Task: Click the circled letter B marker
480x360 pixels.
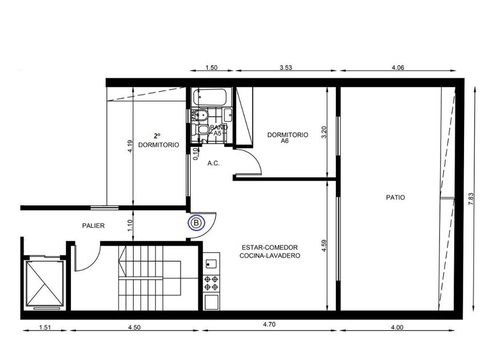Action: coord(197,222)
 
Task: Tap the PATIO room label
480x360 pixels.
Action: coord(395,198)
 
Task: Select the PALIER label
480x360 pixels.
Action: coord(93,226)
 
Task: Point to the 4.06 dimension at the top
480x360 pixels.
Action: coord(398,67)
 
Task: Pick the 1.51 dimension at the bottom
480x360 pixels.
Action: coord(45,327)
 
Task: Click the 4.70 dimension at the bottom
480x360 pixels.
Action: coord(269,325)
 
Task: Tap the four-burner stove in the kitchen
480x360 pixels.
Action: coord(211,283)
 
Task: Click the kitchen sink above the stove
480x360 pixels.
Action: coord(211,263)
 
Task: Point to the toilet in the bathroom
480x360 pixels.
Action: coord(200,130)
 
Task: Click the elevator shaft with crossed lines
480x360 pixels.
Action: coord(45,283)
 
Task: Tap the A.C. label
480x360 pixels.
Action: coord(213,163)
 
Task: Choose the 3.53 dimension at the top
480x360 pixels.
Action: coord(286,67)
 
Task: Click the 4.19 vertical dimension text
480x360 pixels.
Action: coord(130,146)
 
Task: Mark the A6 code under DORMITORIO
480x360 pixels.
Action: coord(285,141)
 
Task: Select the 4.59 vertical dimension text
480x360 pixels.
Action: coord(325,246)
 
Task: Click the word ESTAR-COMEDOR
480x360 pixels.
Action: coord(270,247)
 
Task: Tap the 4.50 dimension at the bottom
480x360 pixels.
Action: coord(134,327)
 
